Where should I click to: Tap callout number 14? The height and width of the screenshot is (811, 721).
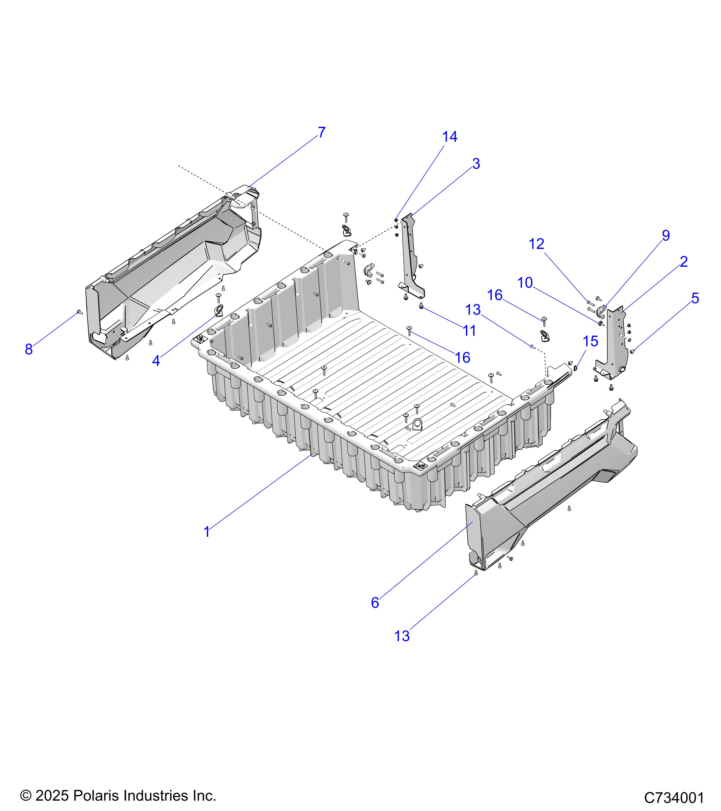tap(449, 137)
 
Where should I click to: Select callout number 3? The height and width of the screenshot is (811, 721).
tap(476, 164)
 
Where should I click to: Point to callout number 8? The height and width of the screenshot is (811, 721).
tap(29, 350)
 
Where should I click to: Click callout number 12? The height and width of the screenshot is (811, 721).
tap(536, 244)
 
